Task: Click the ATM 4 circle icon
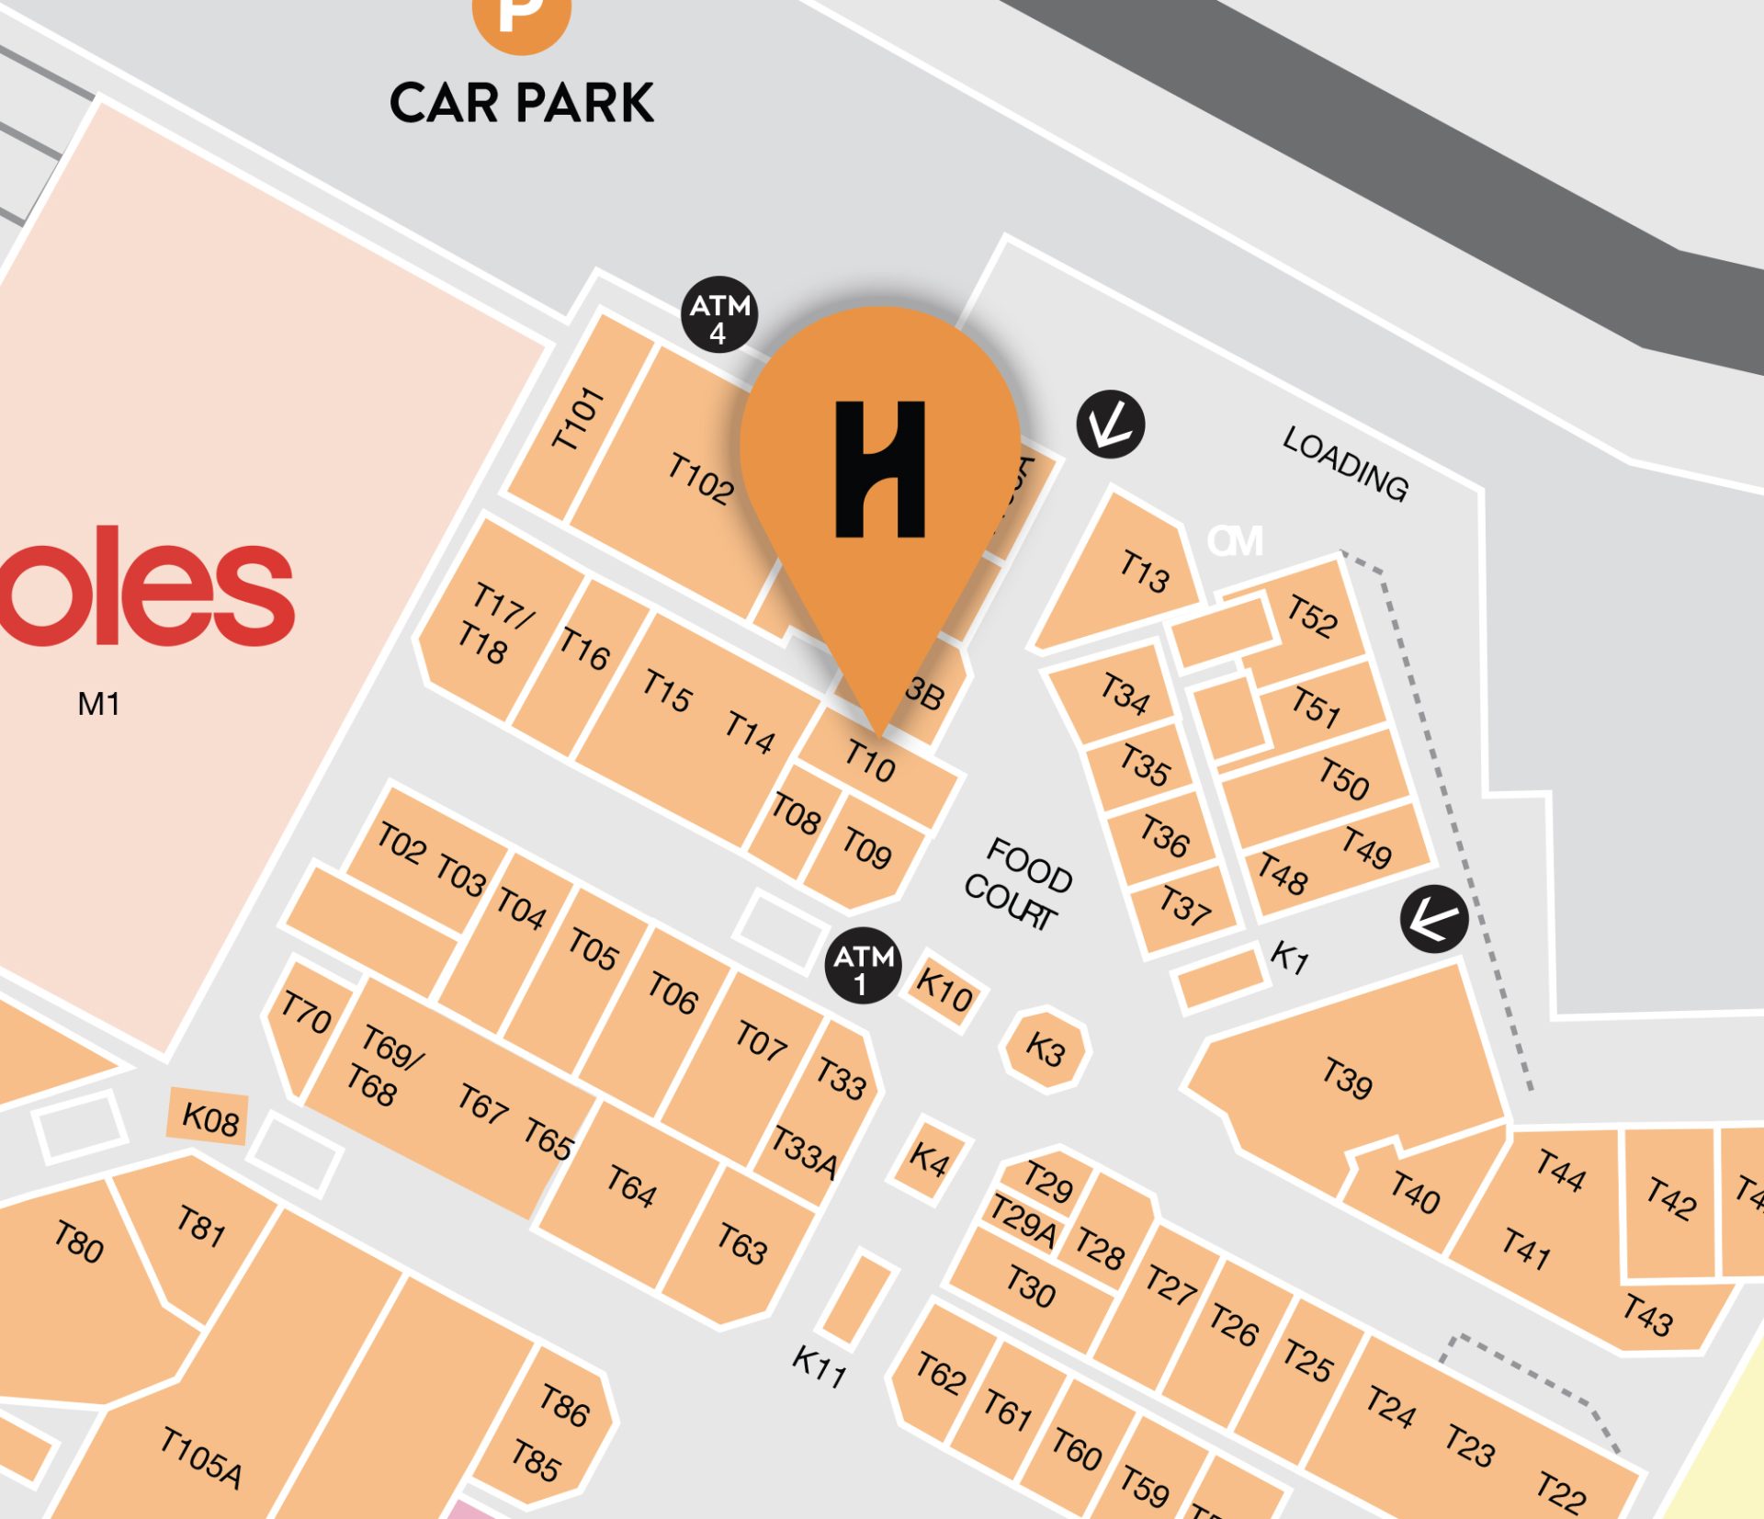coord(719,314)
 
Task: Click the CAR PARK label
coord(521,102)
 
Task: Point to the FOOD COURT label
coord(1018,883)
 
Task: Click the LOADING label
coord(1344,464)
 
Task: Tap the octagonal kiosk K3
coord(1046,1049)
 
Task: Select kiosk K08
coord(209,1118)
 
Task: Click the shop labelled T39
coord(1347,1077)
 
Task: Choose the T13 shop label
coord(1144,571)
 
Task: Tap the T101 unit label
coord(578,419)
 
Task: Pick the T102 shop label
coord(700,479)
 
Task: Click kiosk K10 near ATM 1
coord(944,990)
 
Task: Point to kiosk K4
coord(929,1160)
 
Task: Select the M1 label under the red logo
coord(98,704)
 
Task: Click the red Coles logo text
coord(147,588)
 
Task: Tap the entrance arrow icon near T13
coord(1110,425)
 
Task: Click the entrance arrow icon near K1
coord(1433,919)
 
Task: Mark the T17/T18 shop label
coord(493,623)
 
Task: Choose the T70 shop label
coord(306,1013)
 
